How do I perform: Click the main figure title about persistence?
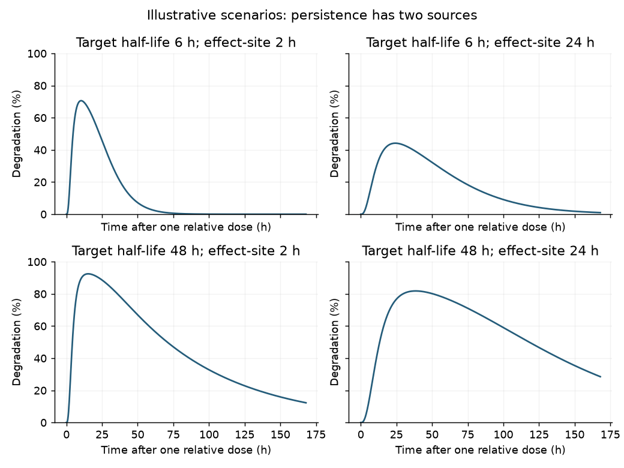(312, 15)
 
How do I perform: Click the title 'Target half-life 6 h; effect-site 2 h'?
(186, 43)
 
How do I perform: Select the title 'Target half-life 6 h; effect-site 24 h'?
(480, 43)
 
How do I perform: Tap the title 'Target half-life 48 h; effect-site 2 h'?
(186, 251)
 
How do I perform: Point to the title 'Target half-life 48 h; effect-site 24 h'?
(480, 251)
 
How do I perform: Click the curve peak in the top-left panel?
(81, 101)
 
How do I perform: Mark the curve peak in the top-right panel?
(395, 143)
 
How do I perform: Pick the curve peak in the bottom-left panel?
(88, 274)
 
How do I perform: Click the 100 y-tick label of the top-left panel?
(37, 54)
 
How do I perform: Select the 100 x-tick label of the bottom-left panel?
(209, 434)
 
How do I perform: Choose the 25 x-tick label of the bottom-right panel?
(397, 434)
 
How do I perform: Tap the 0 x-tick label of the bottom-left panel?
(67, 434)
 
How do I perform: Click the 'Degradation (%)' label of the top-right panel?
(334, 134)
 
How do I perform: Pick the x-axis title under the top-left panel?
(186, 227)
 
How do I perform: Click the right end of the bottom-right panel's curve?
(601, 376)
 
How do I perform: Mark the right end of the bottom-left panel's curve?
(307, 403)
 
